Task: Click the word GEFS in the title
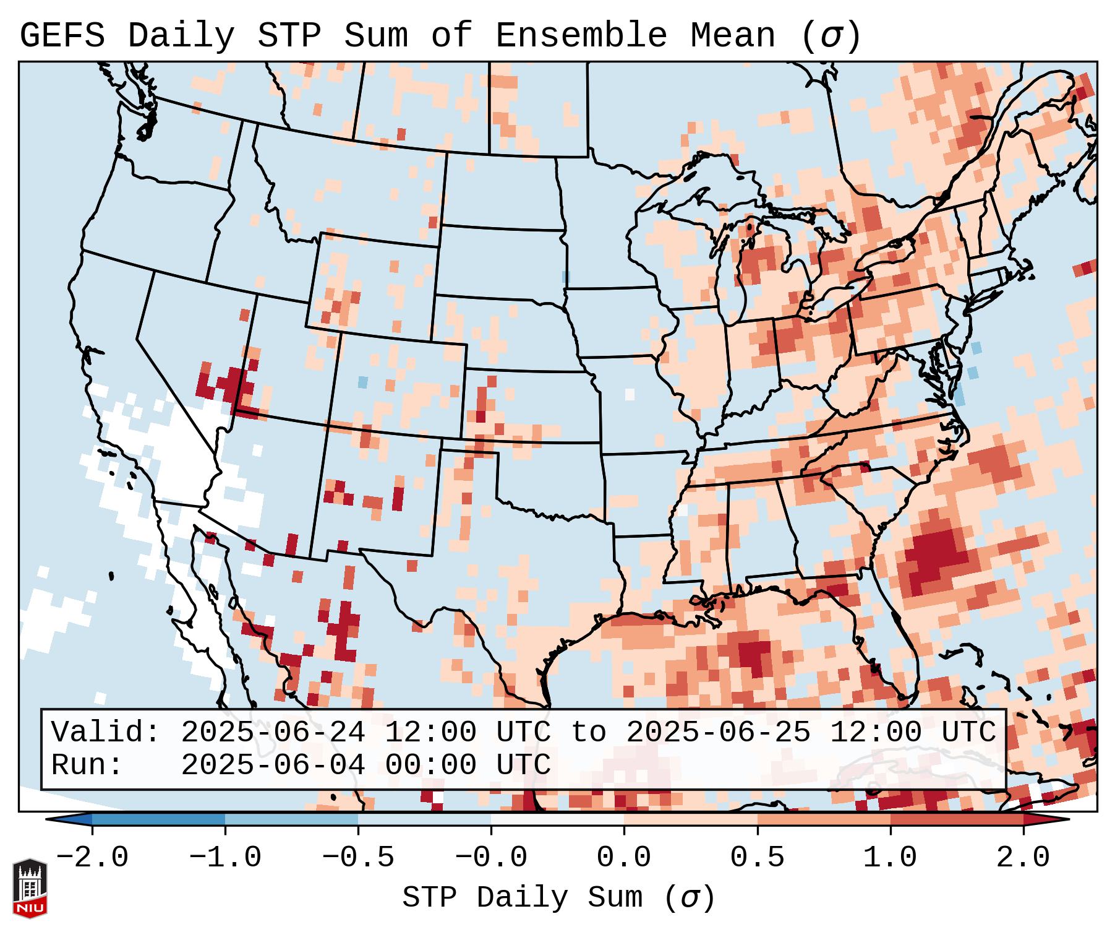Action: (x=62, y=36)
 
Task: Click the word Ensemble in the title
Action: (x=581, y=36)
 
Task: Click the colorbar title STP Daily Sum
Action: (x=523, y=898)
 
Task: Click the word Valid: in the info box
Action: (x=106, y=733)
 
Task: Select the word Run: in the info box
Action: (x=87, y=766)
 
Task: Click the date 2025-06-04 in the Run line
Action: (x=273, y=766)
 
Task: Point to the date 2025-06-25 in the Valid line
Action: (x=718, y=733)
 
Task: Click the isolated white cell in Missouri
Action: (x=630, y=394)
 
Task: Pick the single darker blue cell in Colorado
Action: (x=362, y=382)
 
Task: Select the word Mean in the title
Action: (x=732, y=36)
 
